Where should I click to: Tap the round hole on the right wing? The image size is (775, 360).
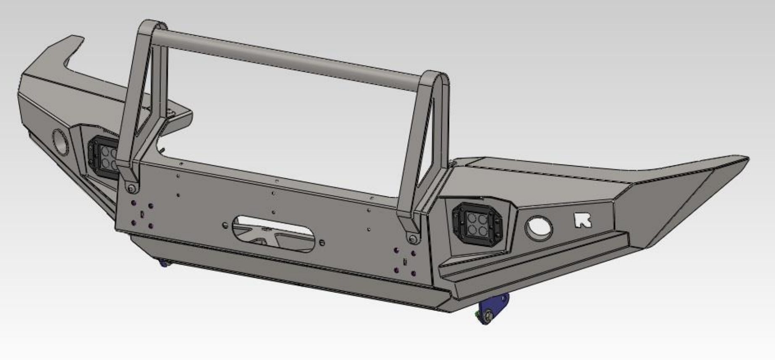tap(539, 228)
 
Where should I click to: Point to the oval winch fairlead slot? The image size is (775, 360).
tap(274, 233)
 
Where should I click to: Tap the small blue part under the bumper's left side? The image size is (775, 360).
tap(163, 263)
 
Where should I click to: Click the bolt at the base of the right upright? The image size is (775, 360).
tap(413, 239)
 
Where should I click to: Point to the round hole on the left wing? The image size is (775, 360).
tap(61, 141)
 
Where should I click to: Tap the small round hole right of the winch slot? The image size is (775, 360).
tap(322, 243)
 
